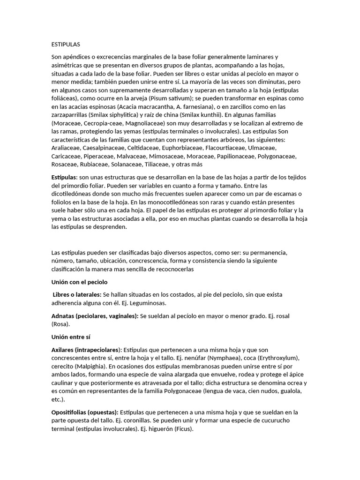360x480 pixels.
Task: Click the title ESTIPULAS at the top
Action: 66,45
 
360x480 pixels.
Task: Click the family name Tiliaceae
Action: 154,164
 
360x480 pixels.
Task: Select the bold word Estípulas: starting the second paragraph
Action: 64,178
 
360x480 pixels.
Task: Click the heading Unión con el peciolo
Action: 79,282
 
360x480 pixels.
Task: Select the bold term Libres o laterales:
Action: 76,294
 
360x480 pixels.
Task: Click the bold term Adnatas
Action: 62,316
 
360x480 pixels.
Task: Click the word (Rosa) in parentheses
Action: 60,324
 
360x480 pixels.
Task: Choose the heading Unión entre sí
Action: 70,337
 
